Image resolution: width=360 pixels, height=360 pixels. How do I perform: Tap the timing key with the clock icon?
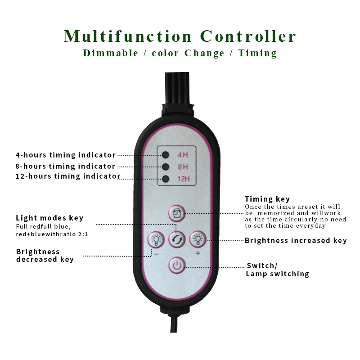tap(177, 213)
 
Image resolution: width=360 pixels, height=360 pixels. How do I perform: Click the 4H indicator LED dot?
tap(166, 155)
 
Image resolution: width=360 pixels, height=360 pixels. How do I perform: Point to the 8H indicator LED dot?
tap(166, 167)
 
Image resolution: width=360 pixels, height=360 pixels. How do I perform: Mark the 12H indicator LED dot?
tap(166, 179)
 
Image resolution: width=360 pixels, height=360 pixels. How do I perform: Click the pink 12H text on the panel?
tap(183, 179)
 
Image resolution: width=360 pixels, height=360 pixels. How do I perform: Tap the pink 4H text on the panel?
tap(182, 155)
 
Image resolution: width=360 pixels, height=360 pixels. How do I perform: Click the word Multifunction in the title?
tap(128, 36)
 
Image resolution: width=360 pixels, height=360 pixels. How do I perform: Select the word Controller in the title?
tap(248, 36)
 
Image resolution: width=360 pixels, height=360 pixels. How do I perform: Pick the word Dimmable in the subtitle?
tap(110, 53)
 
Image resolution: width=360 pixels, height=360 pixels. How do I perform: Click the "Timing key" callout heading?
tap(267, 199)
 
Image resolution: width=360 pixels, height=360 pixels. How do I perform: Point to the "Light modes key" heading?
tap(49, 218)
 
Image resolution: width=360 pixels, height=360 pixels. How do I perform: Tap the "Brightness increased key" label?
tap(296, 240)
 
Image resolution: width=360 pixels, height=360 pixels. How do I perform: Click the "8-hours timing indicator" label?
tap(65, 166)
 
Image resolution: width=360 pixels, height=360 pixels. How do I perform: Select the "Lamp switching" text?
tap(277, 274)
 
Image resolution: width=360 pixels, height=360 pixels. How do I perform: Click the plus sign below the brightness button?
tap(198, 253)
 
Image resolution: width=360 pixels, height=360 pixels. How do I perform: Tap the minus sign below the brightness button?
tap(156, 253)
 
